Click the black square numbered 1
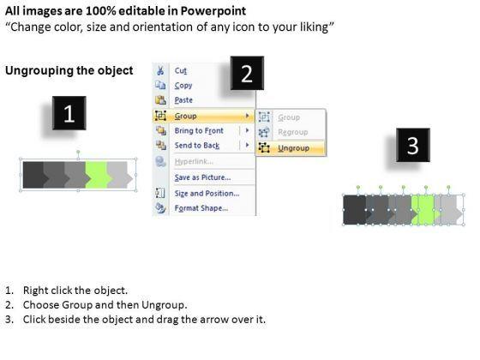(69, 113)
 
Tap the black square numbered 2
(247, 73)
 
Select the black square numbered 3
(413, 145)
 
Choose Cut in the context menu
(181, 70)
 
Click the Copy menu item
(183, 86)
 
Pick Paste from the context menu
(183, 100)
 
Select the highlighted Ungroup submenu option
(293, 148)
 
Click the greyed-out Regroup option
(293, 132)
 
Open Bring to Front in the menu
(199, 130)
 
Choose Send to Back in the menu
(197, 146)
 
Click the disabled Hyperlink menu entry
(194, 161)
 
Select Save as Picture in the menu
(202, 177)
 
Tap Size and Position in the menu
(207, 194)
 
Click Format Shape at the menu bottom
(201, 208)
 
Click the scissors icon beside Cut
(160, 70)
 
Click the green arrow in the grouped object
(99, 175)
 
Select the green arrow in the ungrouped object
(424, 210)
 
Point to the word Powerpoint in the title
(213, 11)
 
